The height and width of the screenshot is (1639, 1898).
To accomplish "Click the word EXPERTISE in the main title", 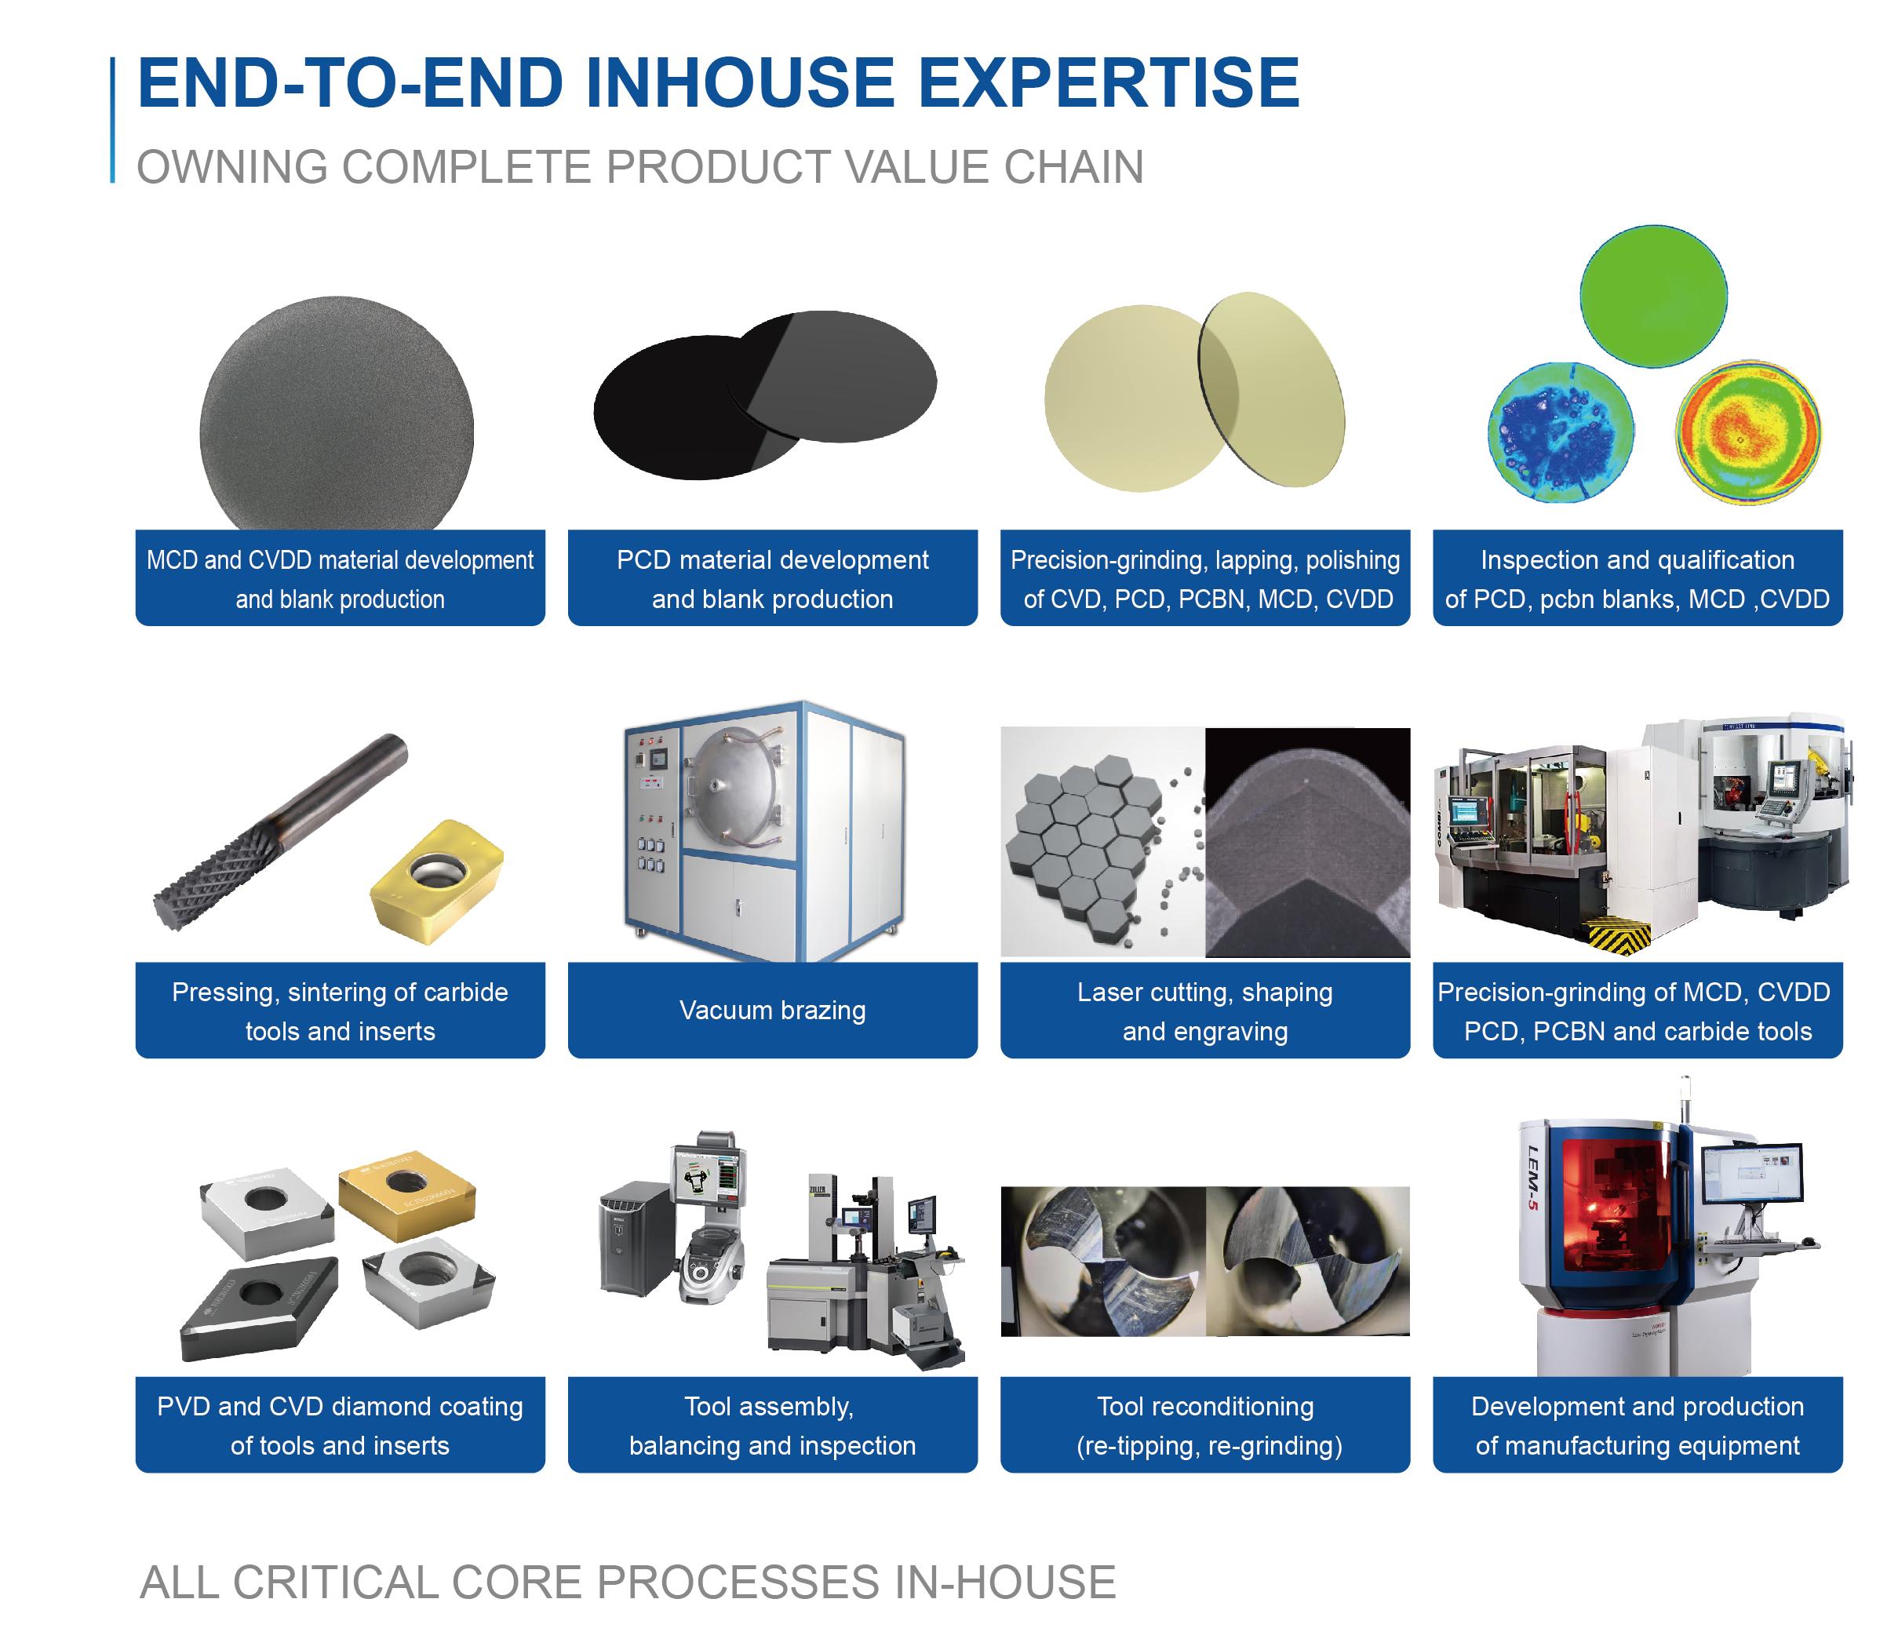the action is pos(1109,82).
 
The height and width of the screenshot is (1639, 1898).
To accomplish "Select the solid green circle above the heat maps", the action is pos(1653,297).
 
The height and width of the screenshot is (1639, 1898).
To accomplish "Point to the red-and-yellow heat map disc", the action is pos(1748,432).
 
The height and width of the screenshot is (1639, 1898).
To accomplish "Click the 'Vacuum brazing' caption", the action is pos(772,1010).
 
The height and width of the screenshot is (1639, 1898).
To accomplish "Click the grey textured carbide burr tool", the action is pos(280,832).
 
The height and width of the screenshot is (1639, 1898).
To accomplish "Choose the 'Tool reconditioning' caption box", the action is pos(1204,1425).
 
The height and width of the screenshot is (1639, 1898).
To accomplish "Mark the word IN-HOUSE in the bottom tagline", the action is pos(1005,1583).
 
